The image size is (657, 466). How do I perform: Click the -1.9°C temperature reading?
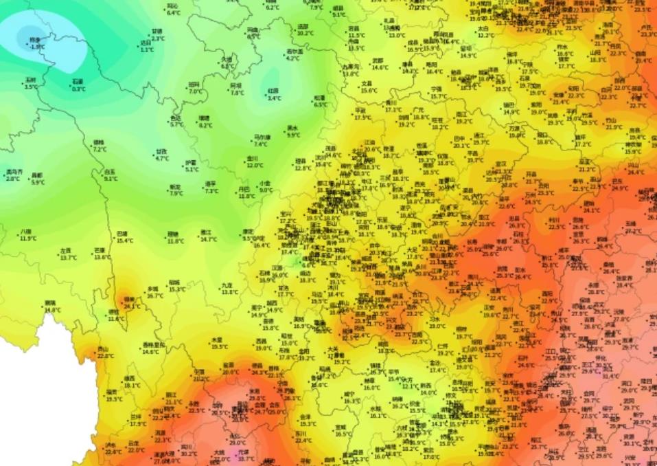[37, 47]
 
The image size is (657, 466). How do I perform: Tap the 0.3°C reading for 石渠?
[78, 89]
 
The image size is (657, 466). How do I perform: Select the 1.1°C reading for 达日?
[146, 49]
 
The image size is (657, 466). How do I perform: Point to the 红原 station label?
[273, 91]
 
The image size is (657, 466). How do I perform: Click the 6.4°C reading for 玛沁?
[173, 12]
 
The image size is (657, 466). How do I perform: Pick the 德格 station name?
[99, 143]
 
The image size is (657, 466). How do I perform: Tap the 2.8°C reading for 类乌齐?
[12, 179]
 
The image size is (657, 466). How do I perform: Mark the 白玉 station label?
[110, 172]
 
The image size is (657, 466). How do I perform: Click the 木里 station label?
[217, 340]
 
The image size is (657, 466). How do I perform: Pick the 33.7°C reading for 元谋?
[244, 459]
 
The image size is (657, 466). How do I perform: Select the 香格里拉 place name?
[154, 344]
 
